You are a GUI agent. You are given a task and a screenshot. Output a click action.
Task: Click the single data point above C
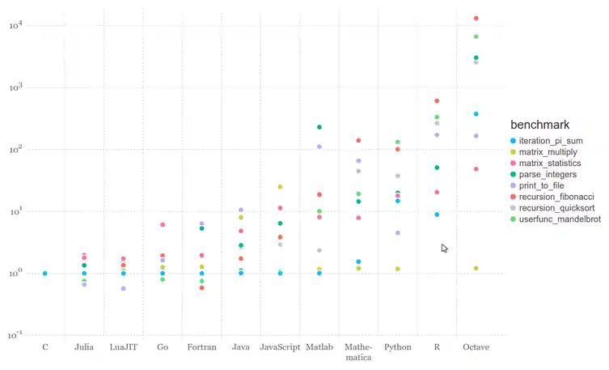[44, 274]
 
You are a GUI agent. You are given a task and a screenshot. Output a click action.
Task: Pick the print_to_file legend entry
[546, 185]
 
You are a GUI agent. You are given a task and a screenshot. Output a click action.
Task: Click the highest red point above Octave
[476, 18]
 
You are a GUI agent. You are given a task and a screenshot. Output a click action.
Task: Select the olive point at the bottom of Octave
[476, 268]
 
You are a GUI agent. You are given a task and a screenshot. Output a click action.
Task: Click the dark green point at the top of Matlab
[319, 127]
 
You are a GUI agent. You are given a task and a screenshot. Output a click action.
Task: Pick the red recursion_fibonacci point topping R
[437, 101]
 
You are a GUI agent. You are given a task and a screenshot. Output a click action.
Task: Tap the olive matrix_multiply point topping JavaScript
[281, 187]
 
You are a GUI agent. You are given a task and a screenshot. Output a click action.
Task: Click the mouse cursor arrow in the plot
[444, 248]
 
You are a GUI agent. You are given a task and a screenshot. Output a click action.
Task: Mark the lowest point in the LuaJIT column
[124, 288]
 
